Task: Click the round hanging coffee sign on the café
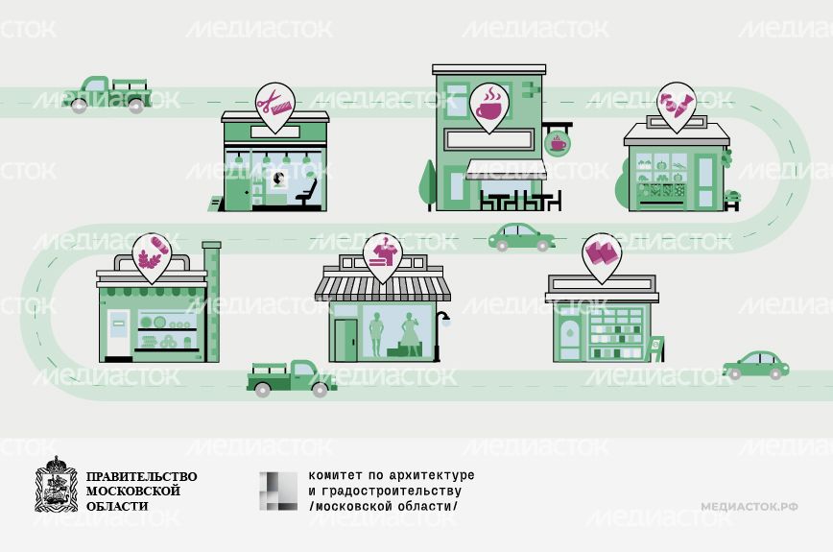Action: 558,142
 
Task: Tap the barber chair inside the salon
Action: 307,193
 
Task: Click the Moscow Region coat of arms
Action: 56,484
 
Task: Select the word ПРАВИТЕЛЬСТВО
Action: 141,476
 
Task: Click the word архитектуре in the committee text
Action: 432,475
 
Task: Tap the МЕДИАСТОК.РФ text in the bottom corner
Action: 750,506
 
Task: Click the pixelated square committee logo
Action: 278,491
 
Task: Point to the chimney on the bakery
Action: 211,301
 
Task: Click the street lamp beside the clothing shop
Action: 440,336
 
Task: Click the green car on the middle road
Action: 522,237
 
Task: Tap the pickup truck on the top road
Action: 107,95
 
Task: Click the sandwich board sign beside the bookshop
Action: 655,348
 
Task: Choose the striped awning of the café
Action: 506,169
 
